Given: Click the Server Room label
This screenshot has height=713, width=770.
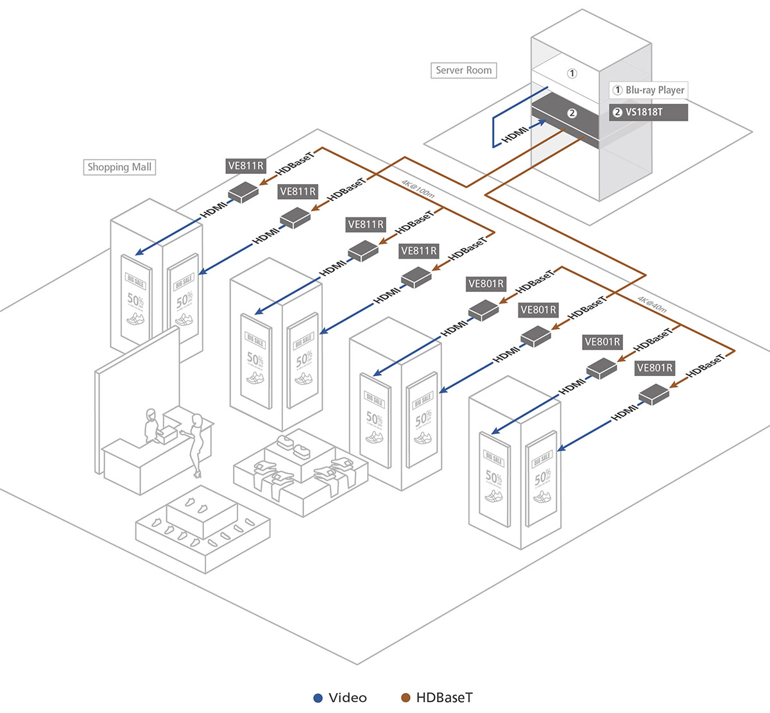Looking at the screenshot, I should (x=463, y=71).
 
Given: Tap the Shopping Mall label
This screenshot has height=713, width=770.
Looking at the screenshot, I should (x=119, y=168).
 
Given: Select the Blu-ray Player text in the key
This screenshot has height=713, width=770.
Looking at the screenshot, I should (x=654, y=90).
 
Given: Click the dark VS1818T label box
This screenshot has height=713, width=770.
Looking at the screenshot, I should (x=648, y=112).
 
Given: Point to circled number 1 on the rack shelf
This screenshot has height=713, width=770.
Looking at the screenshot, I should (x=572, y=74).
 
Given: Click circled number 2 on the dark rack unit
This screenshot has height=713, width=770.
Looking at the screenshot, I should (x=572, y=114).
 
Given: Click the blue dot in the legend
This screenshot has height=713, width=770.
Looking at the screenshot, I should (x=317, y=698).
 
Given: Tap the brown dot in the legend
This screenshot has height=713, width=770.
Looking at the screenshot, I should (x=405, y=698).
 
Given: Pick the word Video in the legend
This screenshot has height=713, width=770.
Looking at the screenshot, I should (x=347, y=698).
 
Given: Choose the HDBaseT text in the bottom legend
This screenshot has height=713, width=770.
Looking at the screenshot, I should (x=444, y=698).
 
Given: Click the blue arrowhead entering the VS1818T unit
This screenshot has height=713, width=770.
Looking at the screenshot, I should (x=543, y=120).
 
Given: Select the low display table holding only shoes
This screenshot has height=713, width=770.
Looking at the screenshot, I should (x=202, y=526).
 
